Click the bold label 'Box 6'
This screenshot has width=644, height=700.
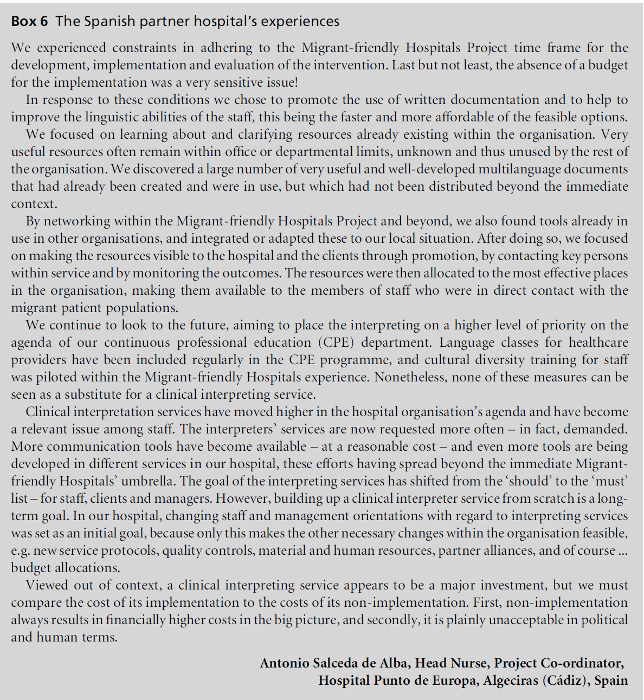point(29,21)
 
